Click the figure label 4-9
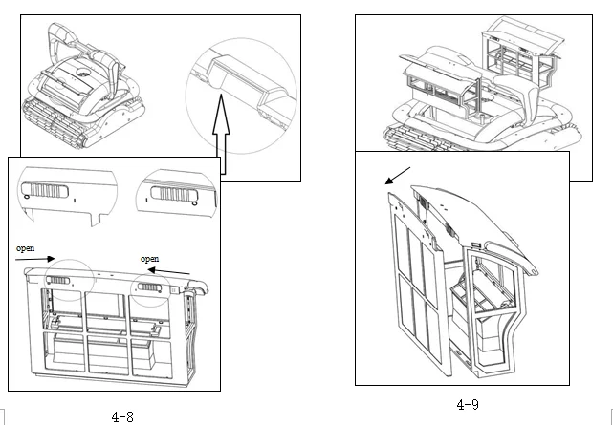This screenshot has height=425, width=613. click(468, 404)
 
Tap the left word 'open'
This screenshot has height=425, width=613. click(26, 248)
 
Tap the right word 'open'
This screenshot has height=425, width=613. click(150, 259)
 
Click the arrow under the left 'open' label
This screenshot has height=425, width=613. click(36, 258)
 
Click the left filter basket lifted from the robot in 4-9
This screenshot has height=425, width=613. click(436, 86)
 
